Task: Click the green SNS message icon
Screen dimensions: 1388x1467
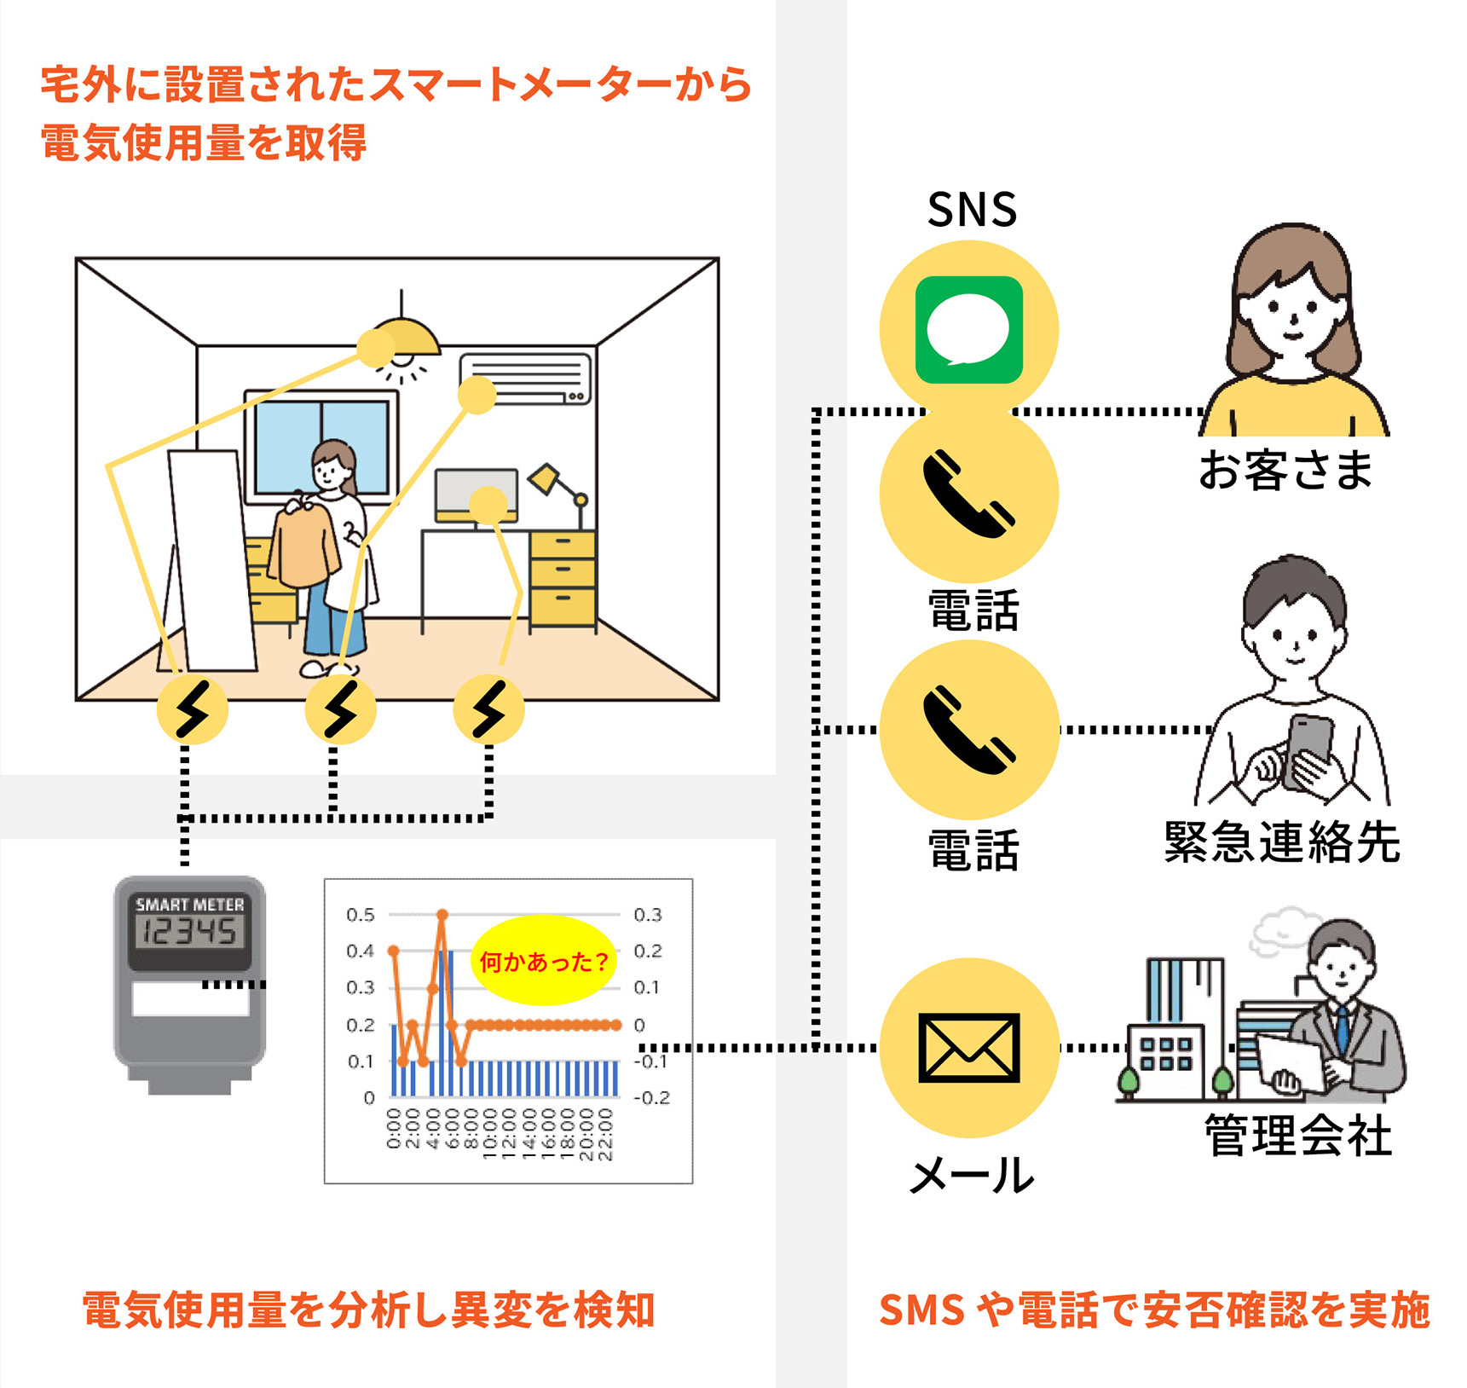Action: [968, 330]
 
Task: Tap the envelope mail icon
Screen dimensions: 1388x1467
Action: [968, 1048]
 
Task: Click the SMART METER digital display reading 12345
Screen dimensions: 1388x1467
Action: [190, 931]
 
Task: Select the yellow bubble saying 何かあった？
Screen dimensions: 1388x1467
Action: [544, 961]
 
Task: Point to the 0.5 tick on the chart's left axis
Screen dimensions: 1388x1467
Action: [361, 915]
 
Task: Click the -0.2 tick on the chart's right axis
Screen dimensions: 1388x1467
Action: [651, 1097]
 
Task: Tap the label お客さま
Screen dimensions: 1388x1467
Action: [1285, 470]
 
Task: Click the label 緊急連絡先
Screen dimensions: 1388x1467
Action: [1282, 841]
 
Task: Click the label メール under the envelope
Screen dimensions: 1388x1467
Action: [972, 1176]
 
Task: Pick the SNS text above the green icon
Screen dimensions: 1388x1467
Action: [972, 210]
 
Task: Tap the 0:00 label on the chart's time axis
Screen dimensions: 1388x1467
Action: [393, 1129]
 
